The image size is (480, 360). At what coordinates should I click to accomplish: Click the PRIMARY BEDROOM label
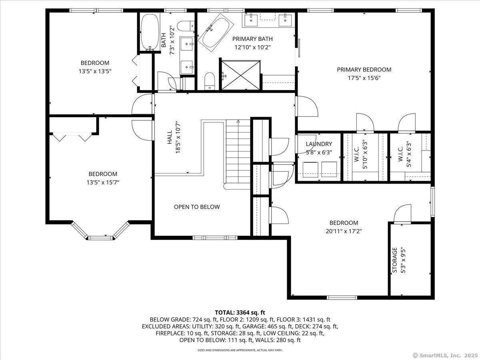pos(364,70)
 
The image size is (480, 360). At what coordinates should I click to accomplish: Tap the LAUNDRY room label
pos(319,144)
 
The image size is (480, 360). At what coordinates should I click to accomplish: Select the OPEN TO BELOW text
pos(197,207)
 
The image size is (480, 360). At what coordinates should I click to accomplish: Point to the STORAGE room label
pos(395,260)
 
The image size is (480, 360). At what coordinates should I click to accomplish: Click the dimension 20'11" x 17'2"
pos(344,231)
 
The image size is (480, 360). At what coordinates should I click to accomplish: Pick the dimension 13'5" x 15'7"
pos(103,182)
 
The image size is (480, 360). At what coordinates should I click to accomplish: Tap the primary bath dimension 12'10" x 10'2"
pos(252,47)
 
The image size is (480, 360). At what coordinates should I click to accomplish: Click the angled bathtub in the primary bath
pos(216,32)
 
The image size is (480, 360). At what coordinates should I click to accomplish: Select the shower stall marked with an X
pos(241,75)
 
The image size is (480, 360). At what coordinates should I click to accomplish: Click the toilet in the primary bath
pos(210,81)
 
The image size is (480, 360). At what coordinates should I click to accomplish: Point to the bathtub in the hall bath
pos(150,32)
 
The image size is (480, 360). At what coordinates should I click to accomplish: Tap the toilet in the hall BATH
pos(186,26)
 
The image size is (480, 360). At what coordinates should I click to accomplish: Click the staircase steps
pos(238,151)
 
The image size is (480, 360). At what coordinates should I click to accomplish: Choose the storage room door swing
pos(402,213)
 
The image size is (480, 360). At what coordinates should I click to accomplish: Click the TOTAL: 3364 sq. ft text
pos(240,312)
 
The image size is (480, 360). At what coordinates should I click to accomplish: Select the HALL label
pos(170,137)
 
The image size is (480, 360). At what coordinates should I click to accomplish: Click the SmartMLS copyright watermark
pos(445,356)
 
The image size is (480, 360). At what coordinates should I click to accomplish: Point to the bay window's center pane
pos(100,238)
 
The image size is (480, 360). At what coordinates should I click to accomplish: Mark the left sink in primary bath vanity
pos(251,20)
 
